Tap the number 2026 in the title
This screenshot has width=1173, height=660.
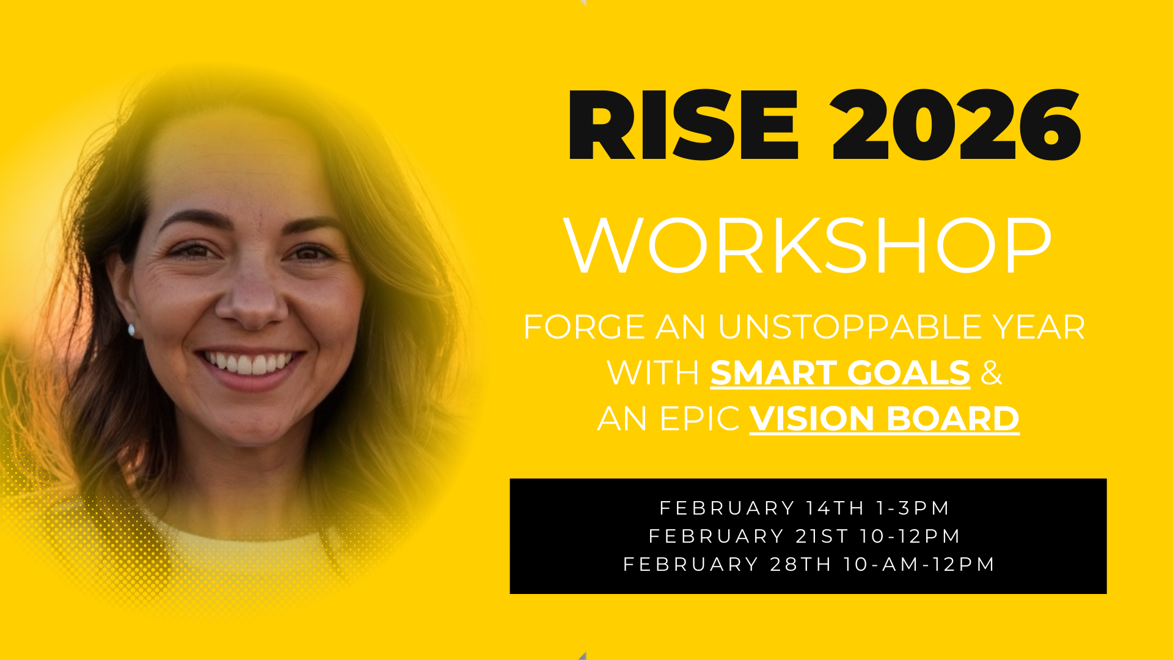[956, 125]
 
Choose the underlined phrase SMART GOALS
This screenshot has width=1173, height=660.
[840, 372]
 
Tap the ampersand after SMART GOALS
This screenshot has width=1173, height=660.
[991, 372]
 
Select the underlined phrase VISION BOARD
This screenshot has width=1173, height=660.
[885, 419]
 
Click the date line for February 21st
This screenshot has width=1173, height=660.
[805, 536]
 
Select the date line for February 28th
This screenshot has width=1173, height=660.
[809, 564]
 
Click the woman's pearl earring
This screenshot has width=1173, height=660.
[131, 331]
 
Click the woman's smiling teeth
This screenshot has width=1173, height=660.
[248, 362]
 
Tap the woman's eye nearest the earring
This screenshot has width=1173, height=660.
[192, 251]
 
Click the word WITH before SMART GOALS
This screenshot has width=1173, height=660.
[653, 372]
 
